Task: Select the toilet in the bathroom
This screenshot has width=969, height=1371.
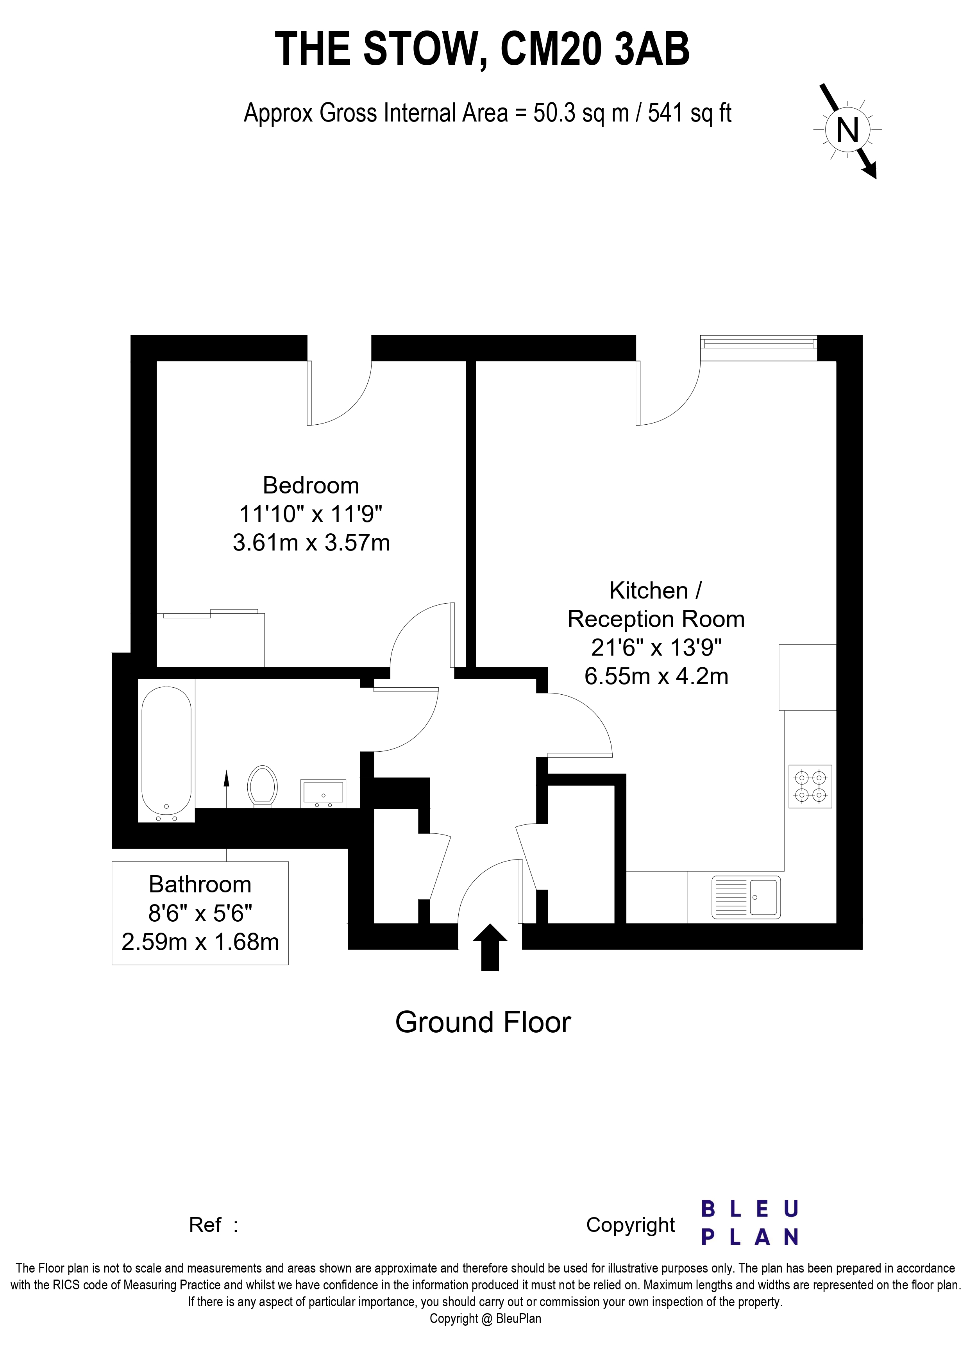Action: pos(263,786)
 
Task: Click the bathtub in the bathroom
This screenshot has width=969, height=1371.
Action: pos(166,754)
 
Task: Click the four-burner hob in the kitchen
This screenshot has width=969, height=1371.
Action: pos(810,786)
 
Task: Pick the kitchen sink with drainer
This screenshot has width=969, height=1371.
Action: pos(746,897)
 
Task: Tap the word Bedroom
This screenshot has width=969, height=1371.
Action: pos(311,486)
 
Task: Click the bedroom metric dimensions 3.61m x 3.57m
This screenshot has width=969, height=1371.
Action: pos(311,543)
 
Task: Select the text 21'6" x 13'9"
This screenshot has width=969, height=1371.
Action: pos(656,647)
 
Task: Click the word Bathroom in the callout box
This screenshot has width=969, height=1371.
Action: pos(200,884)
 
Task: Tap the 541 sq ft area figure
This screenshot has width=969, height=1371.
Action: pos(690,113)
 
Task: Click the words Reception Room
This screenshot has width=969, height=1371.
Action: pos(656,619)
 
